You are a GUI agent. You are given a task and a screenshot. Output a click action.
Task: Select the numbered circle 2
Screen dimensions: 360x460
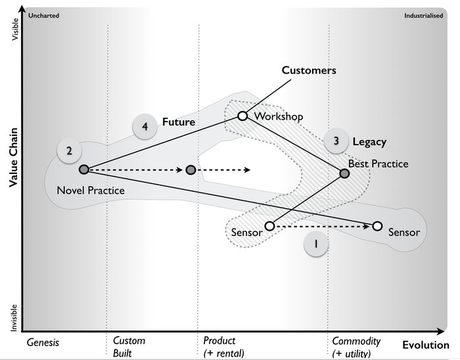(x=69, y=150)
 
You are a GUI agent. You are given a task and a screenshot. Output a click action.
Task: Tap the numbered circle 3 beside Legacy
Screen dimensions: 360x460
(x=336, y=141)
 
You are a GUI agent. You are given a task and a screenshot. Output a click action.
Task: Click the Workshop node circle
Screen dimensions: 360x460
(x=242, y=116)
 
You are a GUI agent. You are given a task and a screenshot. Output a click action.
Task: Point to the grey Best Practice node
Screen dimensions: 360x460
(x=344, y=174)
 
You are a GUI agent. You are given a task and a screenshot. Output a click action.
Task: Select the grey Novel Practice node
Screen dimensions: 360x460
(x=83, y=169)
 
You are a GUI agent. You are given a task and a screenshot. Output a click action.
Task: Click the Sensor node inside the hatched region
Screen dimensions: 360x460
(x=269, y=226)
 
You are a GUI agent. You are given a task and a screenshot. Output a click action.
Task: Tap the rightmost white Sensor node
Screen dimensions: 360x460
(x=377, y=226)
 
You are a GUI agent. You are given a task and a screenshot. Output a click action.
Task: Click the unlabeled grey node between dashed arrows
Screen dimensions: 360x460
(x=191, y=169)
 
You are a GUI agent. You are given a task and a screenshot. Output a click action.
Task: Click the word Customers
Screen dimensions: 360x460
(x=309, y=70)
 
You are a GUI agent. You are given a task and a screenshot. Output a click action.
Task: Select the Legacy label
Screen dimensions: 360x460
(x=369, y=141)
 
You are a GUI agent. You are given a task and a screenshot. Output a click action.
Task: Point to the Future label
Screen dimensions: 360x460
(x=179, y=122)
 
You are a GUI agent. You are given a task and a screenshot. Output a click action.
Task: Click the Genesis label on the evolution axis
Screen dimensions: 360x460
(x=43, y=343)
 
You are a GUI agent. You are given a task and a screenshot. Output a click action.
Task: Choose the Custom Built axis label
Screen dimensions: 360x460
(x=129, y=347)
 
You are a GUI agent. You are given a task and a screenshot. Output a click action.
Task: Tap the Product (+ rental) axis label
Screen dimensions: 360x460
(x=223, y=347)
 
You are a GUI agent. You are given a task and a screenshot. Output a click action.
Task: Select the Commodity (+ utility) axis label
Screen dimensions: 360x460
(x=356, y=347)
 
